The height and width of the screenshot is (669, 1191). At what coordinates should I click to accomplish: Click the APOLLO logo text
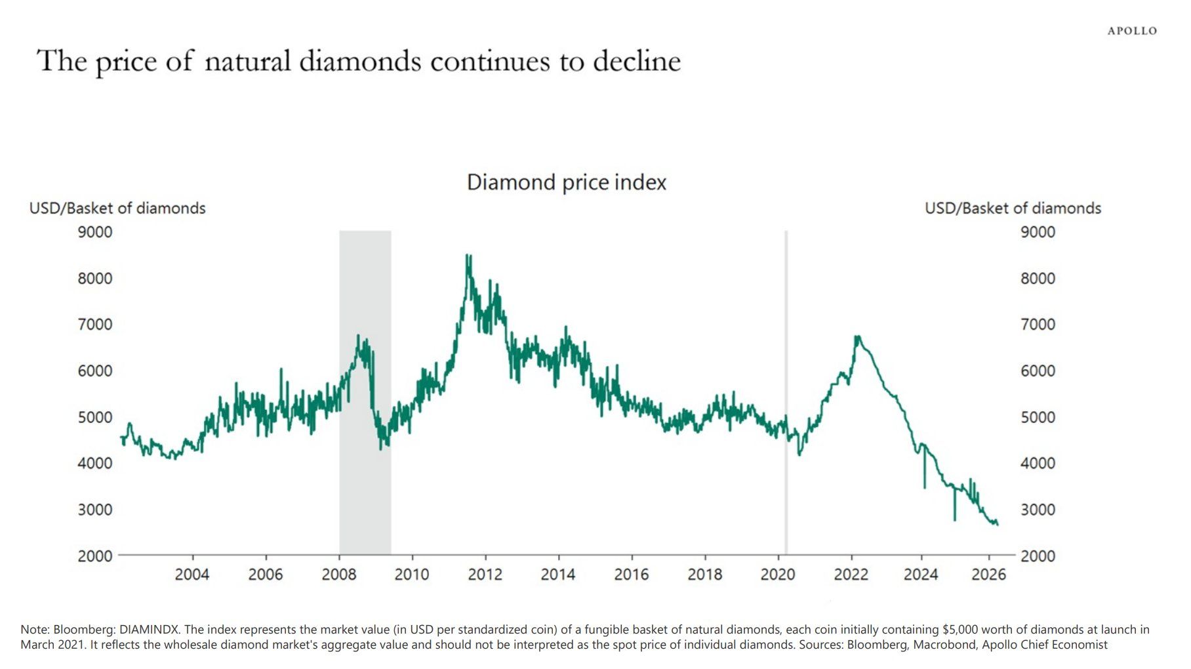coord(1132,31)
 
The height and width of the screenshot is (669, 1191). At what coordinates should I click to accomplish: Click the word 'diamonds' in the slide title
coord(360,61)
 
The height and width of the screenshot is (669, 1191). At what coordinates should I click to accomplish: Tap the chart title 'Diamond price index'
coord(566,182)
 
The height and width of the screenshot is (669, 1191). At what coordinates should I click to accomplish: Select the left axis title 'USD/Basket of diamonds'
coord(117,209)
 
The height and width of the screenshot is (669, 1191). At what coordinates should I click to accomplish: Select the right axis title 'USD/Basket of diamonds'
coord(1013,209)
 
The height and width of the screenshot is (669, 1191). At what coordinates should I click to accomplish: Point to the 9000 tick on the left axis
coord(95,232)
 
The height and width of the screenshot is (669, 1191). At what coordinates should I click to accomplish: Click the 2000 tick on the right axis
coord(1038,556)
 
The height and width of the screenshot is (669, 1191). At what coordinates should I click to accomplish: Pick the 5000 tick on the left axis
coord(95,417)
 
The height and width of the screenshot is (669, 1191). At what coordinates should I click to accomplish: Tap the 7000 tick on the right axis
coord(1038,325)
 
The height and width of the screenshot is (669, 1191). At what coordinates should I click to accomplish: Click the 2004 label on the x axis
coord(192,575)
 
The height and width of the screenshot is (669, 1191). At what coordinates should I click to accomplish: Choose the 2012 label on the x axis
coord(485,575)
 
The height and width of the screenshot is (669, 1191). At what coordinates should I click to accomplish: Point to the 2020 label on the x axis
coord(778,575)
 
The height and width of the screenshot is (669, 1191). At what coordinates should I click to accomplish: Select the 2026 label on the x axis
coord(988,575)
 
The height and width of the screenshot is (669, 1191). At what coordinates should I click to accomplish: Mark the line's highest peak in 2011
coord(468,255)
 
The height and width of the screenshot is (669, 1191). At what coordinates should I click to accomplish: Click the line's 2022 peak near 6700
coord(857,337)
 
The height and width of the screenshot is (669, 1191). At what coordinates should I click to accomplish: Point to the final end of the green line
coord(998,524)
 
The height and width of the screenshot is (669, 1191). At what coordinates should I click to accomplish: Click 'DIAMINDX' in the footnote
coord(149,630)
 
